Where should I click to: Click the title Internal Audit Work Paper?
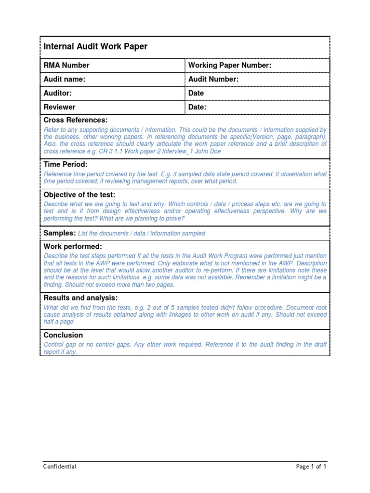coord(95,47)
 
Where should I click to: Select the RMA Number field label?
coord(66,65)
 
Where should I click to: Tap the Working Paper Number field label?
coord(230,65)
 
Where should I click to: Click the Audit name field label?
coord(65,79)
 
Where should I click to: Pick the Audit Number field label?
coord(213,79)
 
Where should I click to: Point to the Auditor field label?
coord(58,93)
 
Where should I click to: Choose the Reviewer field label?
coord(60,107)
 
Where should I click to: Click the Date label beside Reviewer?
coord(197,107)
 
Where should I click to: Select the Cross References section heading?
coord(76,120)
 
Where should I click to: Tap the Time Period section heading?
coord(66,165)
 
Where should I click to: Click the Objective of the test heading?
coord(79,195)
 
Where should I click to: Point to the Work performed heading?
coord(73,246)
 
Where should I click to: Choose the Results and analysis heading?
coord(80,298)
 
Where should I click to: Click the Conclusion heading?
coord(63,335)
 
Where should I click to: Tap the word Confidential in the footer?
coord(60,467)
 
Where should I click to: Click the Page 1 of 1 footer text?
coord(311,467)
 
